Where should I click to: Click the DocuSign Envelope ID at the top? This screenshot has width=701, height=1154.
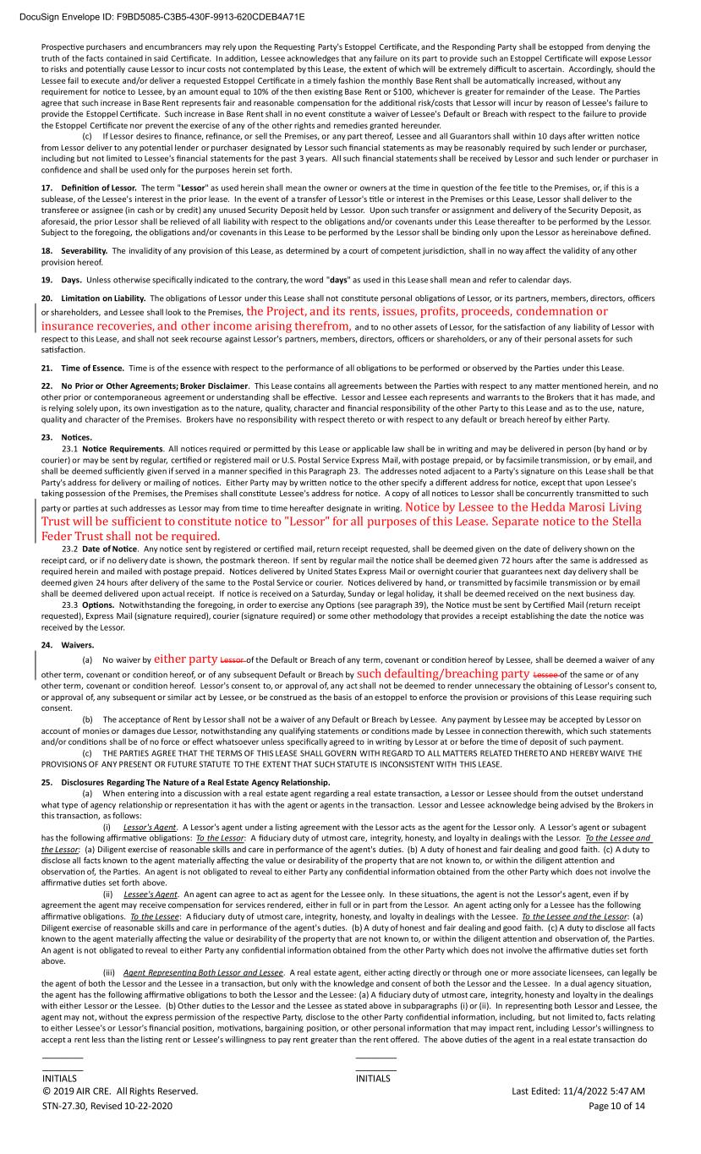(153, 16)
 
